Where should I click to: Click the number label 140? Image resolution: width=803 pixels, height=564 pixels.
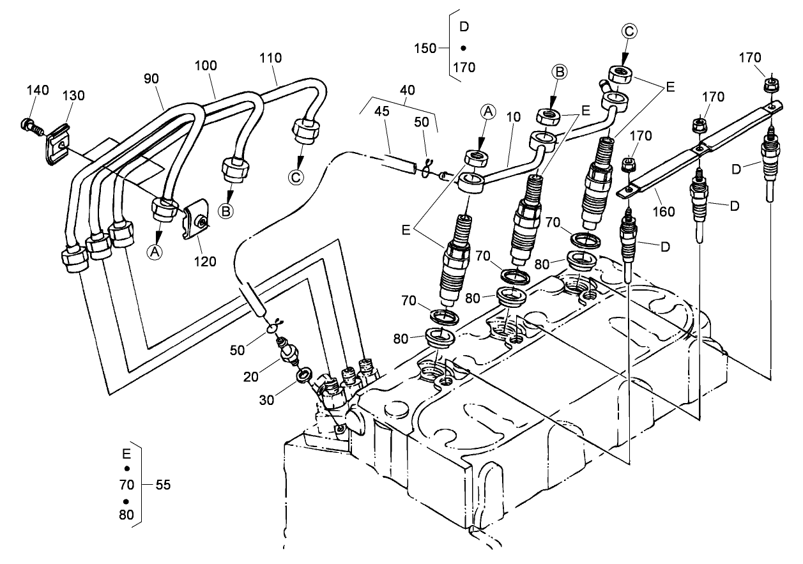point(37,91)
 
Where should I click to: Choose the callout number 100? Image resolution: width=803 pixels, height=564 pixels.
point(206,66)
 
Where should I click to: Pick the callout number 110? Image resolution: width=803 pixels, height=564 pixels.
point(270,57)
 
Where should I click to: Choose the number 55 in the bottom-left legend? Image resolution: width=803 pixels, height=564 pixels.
point(163,485)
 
